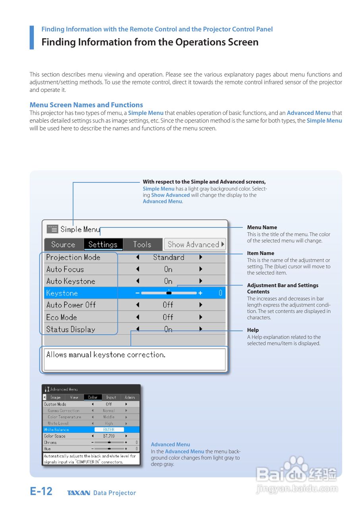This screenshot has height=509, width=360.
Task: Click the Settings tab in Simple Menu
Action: [x=103, y=245]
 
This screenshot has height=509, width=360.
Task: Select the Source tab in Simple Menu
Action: [x=63, y=245]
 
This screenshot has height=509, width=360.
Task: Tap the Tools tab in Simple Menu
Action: [x=142, y=245]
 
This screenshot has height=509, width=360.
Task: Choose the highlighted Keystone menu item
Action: [x=62, y=293]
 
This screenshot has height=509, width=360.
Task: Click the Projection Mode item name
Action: [x=73, y=257]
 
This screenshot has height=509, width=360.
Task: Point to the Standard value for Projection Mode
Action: [x=168, y=257]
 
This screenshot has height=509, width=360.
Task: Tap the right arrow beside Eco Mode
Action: [x=201, y=317]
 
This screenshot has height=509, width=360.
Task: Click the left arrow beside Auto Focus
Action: [x=137, y=269]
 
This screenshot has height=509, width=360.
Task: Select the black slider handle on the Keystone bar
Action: [x=169, y=293]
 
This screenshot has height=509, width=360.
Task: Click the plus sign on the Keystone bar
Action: [x=200, y=293]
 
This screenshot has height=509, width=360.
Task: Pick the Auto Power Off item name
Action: [x=71, y=305]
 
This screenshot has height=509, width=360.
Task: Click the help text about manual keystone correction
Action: [x=106, y=355]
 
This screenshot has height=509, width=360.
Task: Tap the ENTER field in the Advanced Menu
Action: [x=109, y=429]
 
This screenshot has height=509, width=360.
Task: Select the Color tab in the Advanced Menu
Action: [x=93, y=397]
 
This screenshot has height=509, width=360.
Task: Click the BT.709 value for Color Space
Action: [x=109, y=436]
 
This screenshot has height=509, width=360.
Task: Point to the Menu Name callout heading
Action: [x=262, y=227]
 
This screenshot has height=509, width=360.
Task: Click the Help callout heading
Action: [x=253, y=330]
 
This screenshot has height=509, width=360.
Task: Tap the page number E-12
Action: [x=41, y=492]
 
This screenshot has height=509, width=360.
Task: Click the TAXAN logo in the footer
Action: [x=79, y=493]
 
